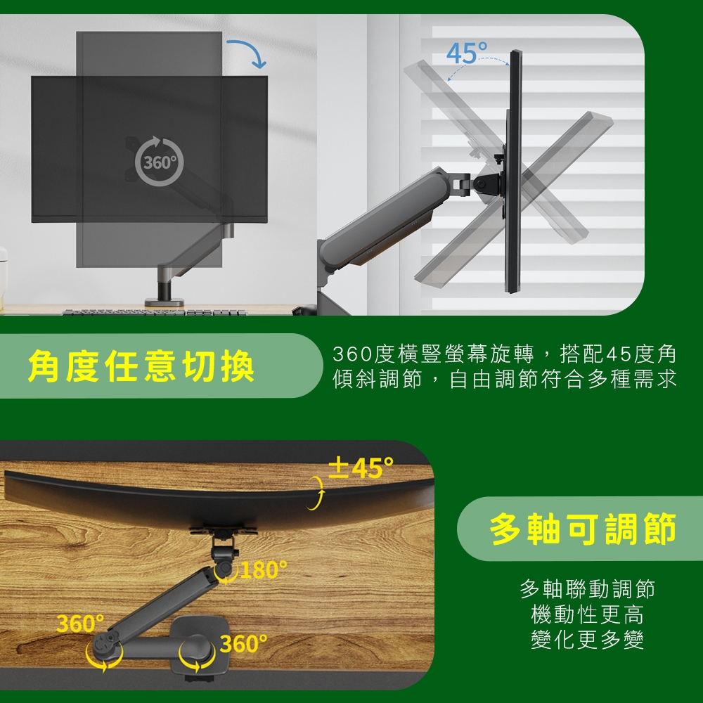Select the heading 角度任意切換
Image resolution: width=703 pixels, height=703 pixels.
(141, 366)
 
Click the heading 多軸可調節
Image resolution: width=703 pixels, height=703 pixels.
(582, 529)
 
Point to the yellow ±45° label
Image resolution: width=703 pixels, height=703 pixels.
(361, 467)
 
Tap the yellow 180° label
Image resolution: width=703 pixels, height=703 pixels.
(264, 569)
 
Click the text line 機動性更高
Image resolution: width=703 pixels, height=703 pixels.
(587, 614)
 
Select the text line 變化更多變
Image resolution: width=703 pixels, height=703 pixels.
(587, 639)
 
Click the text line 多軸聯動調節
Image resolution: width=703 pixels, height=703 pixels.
(587, 589)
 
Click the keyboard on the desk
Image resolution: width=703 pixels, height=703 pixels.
(155, 312)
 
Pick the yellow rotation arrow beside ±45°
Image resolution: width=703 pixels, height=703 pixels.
(316, 493)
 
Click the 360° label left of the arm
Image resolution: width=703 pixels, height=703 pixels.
(80, 623)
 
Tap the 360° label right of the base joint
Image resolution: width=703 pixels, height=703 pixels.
(244, 644)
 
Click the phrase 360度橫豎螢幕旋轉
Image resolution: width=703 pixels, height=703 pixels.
(433, 354)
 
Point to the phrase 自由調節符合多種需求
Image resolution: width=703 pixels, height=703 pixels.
(562, 380)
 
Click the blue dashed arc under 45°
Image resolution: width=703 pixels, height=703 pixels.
(478, 63)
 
